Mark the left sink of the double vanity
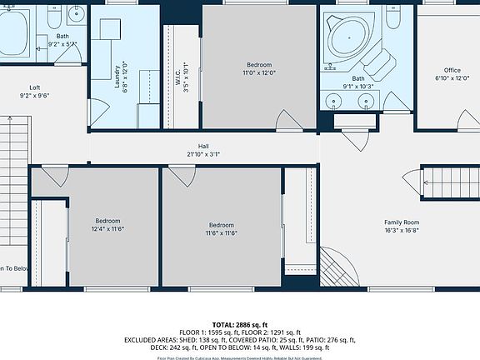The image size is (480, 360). click(335, 102)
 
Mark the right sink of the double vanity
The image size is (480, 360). click(366, 102)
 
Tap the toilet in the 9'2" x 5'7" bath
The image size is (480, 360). click(52, 17)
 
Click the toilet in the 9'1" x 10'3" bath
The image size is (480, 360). click(396, 17)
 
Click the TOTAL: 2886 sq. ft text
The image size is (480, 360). click(240, 324)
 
